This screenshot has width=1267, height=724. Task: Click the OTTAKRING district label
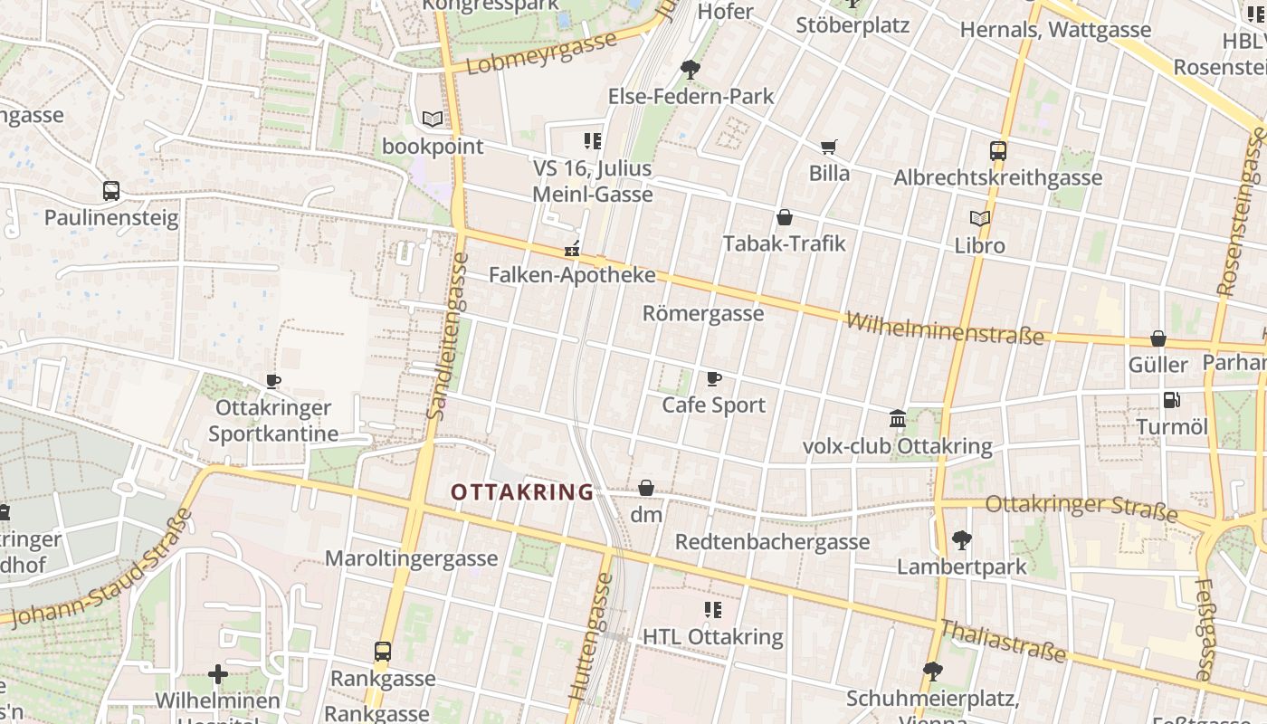click(522, 492)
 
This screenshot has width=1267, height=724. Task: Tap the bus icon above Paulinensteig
click(111, 191)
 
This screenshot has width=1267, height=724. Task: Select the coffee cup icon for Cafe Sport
click(714, 378)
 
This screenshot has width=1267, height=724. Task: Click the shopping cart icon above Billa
click(828, 147)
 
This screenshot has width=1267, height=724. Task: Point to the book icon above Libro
click(979, 218)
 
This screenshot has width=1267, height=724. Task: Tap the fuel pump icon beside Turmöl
click(1171, 399)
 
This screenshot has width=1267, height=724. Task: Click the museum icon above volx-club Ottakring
click(898, 418)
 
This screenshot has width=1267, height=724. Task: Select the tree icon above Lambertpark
click(961, 540)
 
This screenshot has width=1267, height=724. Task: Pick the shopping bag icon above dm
click(646, 488)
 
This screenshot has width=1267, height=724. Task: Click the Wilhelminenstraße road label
click(945, 329)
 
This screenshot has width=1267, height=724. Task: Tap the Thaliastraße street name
click(1002, 641)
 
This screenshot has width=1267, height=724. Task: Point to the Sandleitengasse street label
click(449, 335)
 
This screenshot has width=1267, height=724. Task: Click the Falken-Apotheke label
click(572, 274)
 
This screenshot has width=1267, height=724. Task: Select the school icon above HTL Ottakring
click(713, 610)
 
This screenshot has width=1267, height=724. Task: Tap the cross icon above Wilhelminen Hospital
click(217, 674)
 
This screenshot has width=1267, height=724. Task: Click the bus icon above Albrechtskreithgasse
click(998, 151)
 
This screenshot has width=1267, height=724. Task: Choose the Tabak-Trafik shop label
click(785, 243)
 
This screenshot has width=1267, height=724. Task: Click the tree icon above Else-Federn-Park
click(691, 69)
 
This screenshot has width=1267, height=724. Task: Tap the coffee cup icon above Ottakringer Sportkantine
click(273, 381)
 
